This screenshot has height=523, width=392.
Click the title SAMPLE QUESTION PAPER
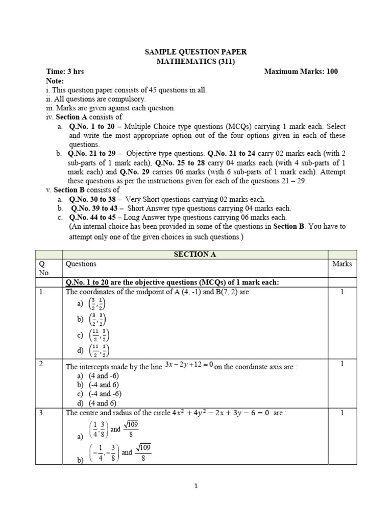click(x=196, y=52)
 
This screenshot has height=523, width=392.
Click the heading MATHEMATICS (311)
click(x=196, y=61)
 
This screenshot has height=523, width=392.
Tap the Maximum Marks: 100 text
click(x=301, y=72)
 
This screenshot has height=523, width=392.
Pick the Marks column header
click(x=342, y=264)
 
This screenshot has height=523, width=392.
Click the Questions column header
click(x=81, y=264)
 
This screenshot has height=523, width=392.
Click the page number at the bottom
click(x=196, y=486)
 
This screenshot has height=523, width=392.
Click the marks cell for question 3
click(x=342, y=413)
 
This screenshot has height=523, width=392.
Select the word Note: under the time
click(x=55, y=81)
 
